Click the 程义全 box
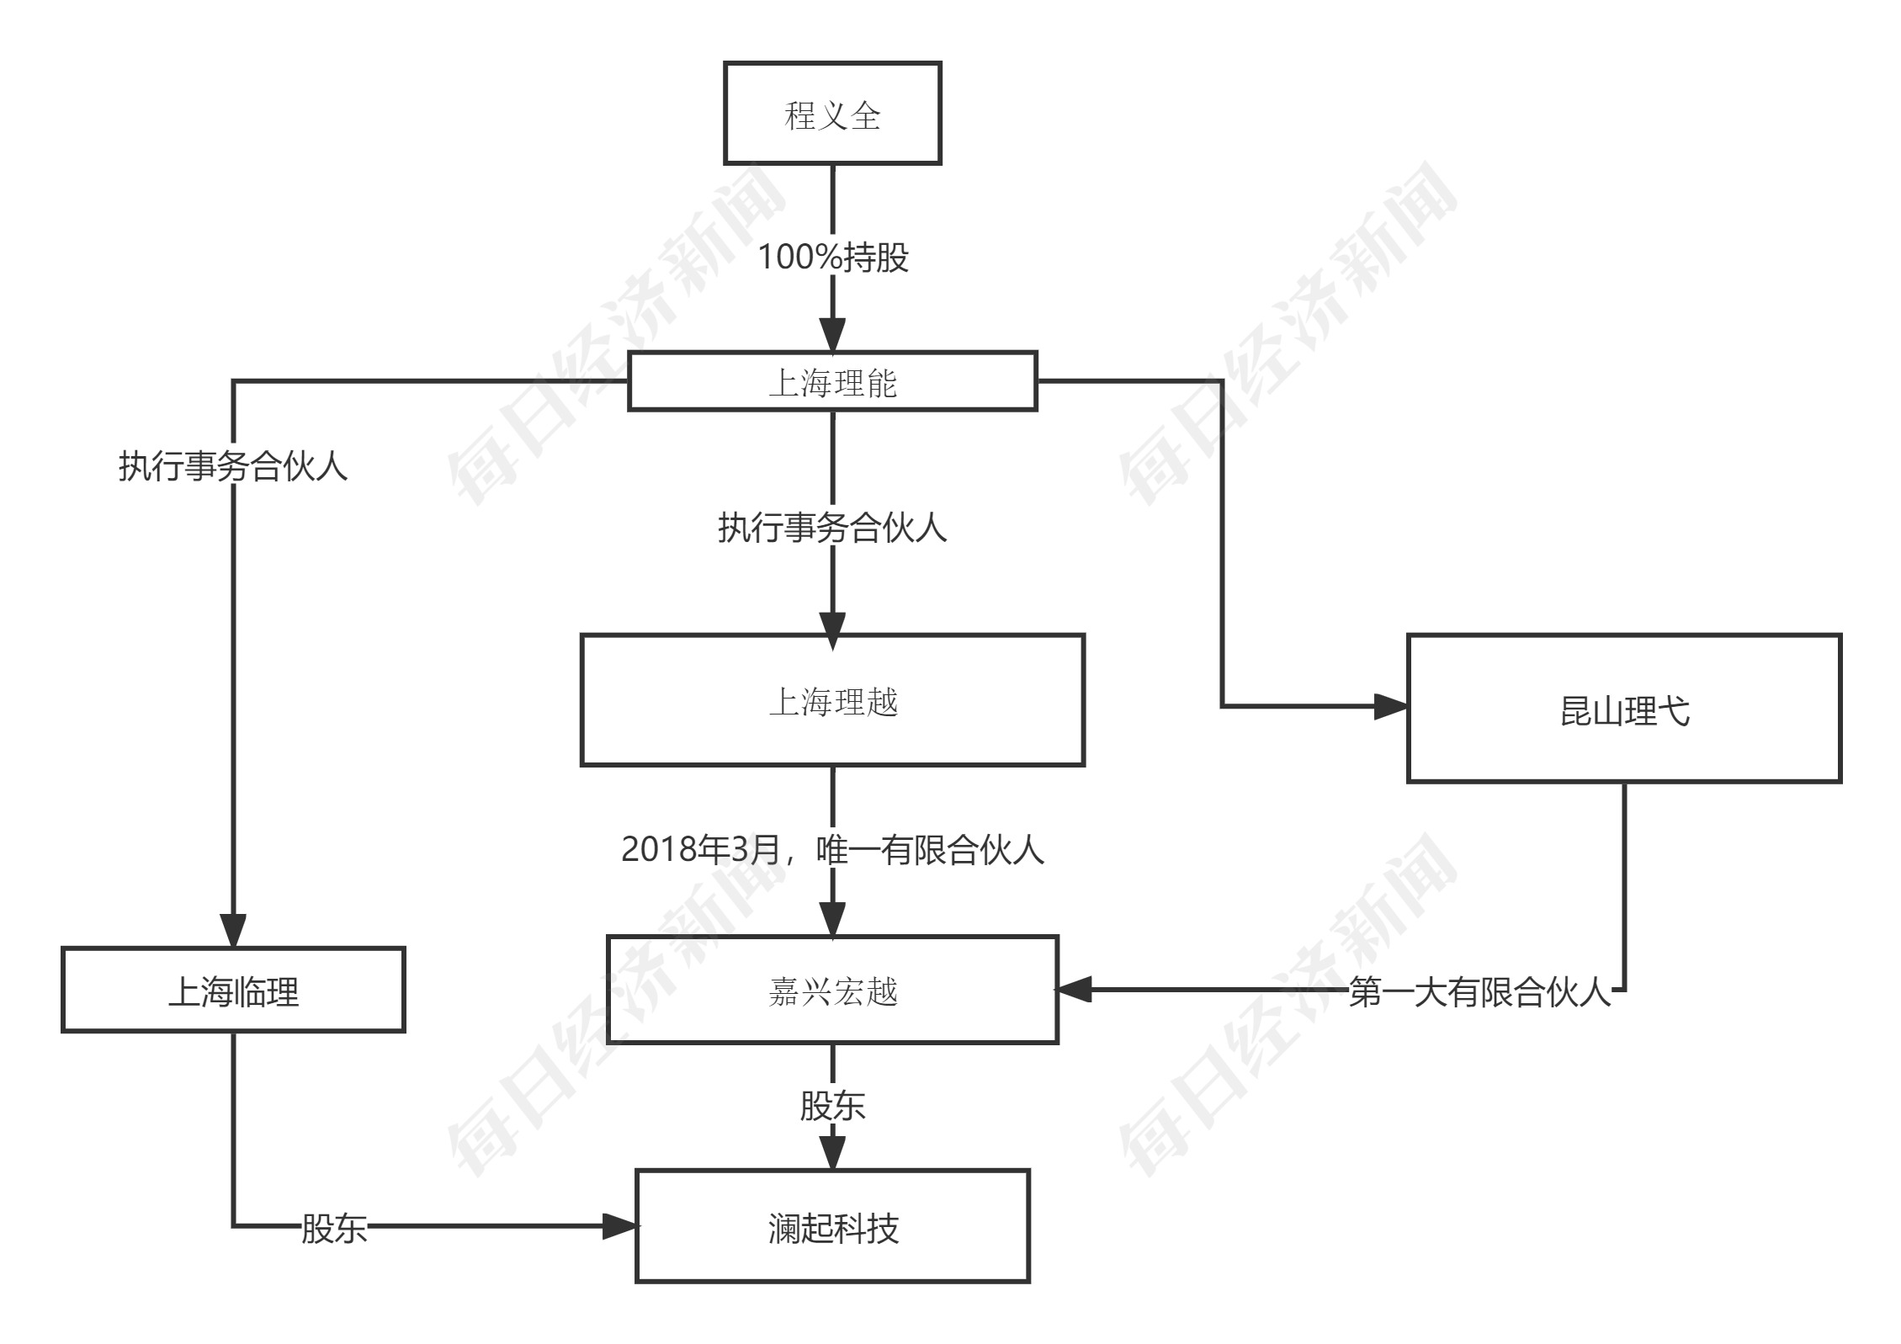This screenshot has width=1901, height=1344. [x=831, y=113]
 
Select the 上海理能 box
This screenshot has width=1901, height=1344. [x=831, y=381]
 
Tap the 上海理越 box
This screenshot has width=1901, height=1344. [x=831, y=700]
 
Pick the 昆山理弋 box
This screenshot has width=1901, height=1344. [x=1623, y=709]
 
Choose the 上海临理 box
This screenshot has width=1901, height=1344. [x=233, y=990]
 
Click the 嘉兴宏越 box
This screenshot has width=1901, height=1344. [x=831, y=990]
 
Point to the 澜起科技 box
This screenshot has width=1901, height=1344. [x=831, y=1226]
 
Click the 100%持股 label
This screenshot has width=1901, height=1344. [x=832, y=257]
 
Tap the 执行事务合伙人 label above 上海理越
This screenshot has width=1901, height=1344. [x=832, y=528]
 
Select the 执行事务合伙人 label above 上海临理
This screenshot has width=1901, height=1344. [x=233, y=465]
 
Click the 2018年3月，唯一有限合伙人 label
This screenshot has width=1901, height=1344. [x=832, y=849]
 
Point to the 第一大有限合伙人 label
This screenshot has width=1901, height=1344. [x=1479, y=992]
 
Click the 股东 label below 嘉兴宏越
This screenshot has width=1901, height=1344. [x=832, y=1106]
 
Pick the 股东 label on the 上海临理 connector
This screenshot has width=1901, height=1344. [x=334, y=1228]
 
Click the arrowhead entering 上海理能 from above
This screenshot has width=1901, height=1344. [x=832, y=336]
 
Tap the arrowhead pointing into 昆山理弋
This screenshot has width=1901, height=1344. [x=1390, y=706]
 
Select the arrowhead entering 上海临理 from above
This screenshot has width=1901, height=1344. [x=233, y=931]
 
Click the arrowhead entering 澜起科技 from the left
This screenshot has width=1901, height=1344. [x=619, y=1226]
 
